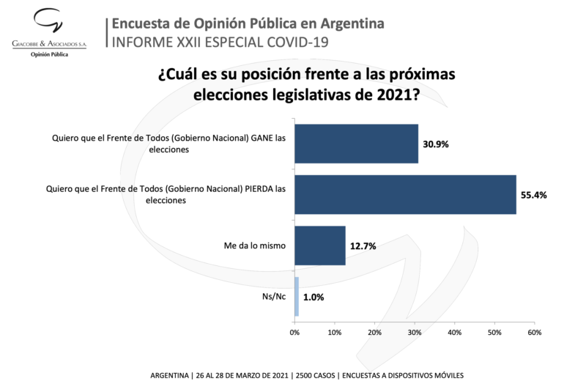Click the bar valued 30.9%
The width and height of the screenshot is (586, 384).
pyautogui.click(x=356, y=143)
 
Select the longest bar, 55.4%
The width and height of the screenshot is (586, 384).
pyautogui.click(x=405, y=194)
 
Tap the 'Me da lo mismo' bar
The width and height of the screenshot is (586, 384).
pyautogui.click(x=319, y=245)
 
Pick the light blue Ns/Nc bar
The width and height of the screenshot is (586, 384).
pyautogui.click(x=297, y=297)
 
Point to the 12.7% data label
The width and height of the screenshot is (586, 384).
pyautogui.click(x=363, y=246)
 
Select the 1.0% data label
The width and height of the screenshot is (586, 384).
pyautogui.click(x=314, y=298)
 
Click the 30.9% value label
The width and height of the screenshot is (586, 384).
pyautogui.click(x=435, y=144)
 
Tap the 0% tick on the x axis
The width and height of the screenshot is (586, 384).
pyautogui.click(x=294, y=333)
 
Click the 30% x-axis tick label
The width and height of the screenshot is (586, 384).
pyautogui.click(x=415, y=333)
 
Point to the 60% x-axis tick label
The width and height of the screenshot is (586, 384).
pyautogui.click(x=535, y=333)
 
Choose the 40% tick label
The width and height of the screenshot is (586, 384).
pyautogui.click(x=455, y=333)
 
